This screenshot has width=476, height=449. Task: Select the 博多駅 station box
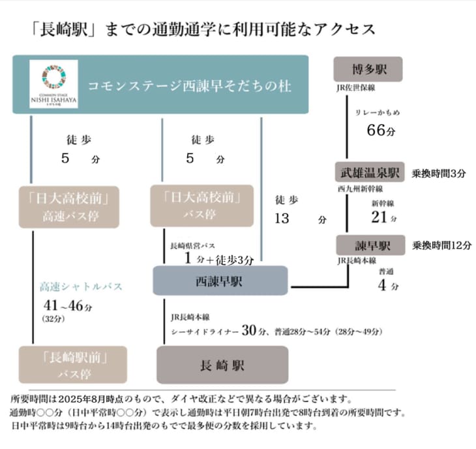[368, 69]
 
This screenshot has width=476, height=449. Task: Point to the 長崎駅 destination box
[222, 365]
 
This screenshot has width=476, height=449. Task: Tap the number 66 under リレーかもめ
[376, 130]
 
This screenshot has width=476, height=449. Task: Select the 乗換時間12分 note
[441, 245]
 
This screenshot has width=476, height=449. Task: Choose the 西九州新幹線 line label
[357, 189]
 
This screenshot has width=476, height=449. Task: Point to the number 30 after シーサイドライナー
[248, 330]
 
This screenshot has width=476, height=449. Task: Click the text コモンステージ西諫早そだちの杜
[190, 85]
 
